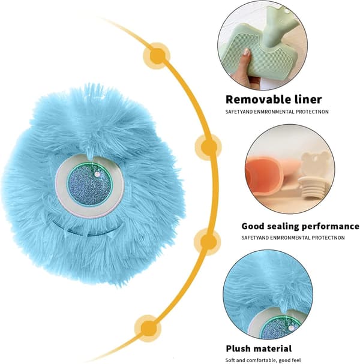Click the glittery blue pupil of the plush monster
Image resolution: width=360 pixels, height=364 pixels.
(x=89, y=184)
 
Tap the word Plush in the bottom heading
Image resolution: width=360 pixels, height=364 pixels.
(x=238, y=349)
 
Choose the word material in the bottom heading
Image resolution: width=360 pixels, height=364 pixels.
(x=272, y=348)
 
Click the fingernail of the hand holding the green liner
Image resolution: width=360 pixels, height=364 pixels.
(x=247, y=52)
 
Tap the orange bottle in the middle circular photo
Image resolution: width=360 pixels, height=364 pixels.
(x=265, y=177)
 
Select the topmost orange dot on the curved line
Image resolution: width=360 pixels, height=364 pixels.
(x=157, y=56)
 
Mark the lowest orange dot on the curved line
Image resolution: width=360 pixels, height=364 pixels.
(x=148, y=328)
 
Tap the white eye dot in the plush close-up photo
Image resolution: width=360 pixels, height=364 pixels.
(x=291, y=328)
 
